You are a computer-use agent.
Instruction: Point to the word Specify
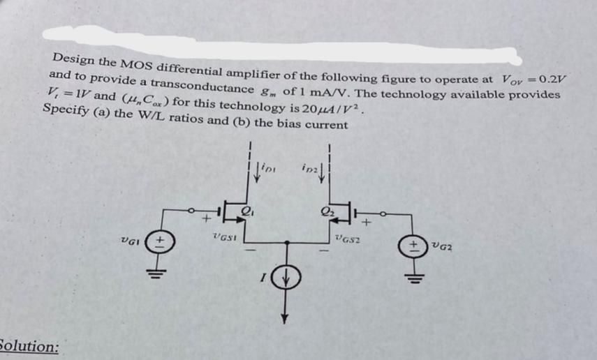click(x=65, y=111)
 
